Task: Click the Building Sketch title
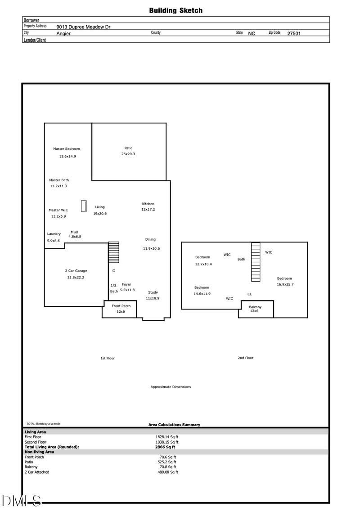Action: (x=176, y=10)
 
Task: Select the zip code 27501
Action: (x=294, y=33)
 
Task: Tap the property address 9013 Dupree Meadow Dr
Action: (x=83, y=27)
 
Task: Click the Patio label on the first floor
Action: (x=128, y=148)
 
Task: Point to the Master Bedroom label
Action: (x=67, y=148)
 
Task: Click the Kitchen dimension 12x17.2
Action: (x=148, y=210)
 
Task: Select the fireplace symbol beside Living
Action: (x=84, y=206)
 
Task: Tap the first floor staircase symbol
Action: (x=113, y=252)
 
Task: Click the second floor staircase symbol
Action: (x=256, y=262)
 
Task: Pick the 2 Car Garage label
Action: (x=76, y=270)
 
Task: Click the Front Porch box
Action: (x=119, y=309)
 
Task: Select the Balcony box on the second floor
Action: (x=256, y=309)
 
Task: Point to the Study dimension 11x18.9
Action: (x=153, y=298)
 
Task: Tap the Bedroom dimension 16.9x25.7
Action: (x=285, y=285)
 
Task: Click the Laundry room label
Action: (x=54, y=233)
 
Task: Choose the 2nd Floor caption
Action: (x=245, y=358)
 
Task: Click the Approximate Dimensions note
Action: (x=171, y=387)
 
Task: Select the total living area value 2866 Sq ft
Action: (x=165, y=447)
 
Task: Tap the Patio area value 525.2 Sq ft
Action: (x=167, y=462)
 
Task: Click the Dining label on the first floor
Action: (x=150, y=239)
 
